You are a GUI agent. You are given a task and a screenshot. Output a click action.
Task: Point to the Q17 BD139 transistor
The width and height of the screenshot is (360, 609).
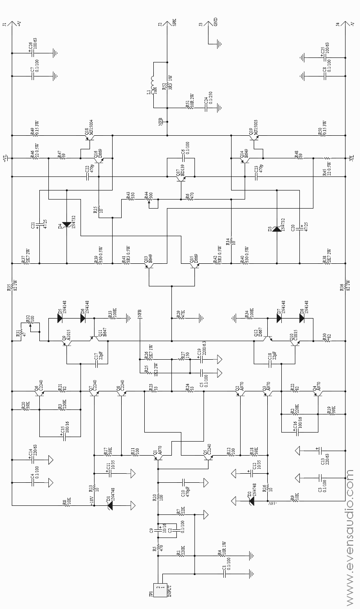tap(181, 178)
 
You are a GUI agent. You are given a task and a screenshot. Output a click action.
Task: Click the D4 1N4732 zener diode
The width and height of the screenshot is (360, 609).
tap(67, 224)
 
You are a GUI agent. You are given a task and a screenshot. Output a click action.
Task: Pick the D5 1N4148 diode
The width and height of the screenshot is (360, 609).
tap(59, 318)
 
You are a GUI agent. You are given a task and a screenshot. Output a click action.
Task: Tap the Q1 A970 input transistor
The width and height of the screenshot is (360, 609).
tap(159, 458)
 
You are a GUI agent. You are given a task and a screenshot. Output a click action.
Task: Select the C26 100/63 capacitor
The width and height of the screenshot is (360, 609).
tap(32, 53)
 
